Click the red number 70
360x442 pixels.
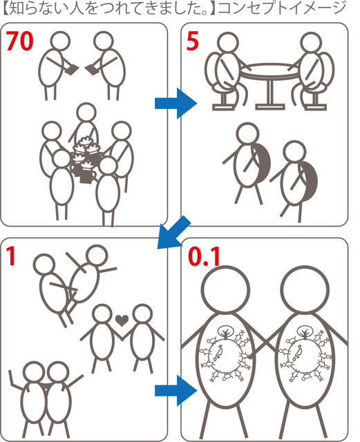19,41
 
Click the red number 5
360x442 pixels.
192,41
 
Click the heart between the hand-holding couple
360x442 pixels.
122,320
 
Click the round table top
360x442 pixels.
270,70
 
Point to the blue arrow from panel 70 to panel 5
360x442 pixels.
176,103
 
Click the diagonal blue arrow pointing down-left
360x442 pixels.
173,233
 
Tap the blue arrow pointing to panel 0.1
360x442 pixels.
176,390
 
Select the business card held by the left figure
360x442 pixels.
72,69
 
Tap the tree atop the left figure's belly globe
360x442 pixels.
226,331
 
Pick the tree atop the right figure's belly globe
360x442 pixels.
305,331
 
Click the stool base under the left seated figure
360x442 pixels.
223,107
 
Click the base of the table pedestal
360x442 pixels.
270,107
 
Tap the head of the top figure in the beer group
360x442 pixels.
86,113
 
